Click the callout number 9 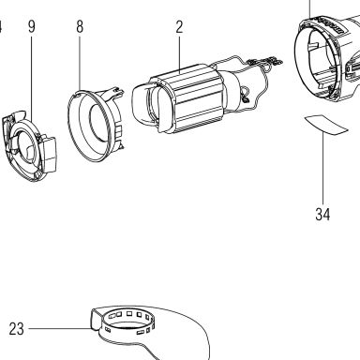(x=32, y=26)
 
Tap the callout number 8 (x=80, y=26)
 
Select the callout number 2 (x=179, y=27)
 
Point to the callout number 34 (x=322, y=215)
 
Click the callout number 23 (x=16, y=329)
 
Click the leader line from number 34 (x=323, y=168)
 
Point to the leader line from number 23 (x=60, y=328)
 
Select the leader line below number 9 (x=31, y=78)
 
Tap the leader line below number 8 (x=80, y=64)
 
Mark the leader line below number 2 (x=179, y=54)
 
